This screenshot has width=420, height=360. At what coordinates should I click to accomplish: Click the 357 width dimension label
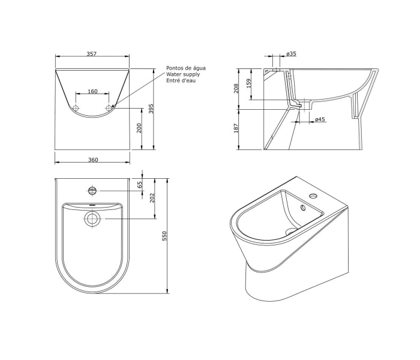[x=92, y=53]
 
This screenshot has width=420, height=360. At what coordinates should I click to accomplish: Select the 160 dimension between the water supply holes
[x=92, y=91]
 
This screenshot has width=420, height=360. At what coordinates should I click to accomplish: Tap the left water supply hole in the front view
[x=76, y=108]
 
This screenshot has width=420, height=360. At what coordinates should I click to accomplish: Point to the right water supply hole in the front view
[x=109, y=108]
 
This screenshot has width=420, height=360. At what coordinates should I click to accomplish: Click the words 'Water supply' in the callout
[x=183, y=74]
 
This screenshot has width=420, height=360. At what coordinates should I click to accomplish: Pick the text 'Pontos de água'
[x=186, y=68]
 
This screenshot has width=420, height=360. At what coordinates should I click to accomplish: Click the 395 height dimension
[x=151, y=109]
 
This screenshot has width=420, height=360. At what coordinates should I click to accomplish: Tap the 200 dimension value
[x=139, y=128]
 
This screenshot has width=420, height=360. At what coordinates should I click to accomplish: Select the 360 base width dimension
[x=93, y=160]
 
